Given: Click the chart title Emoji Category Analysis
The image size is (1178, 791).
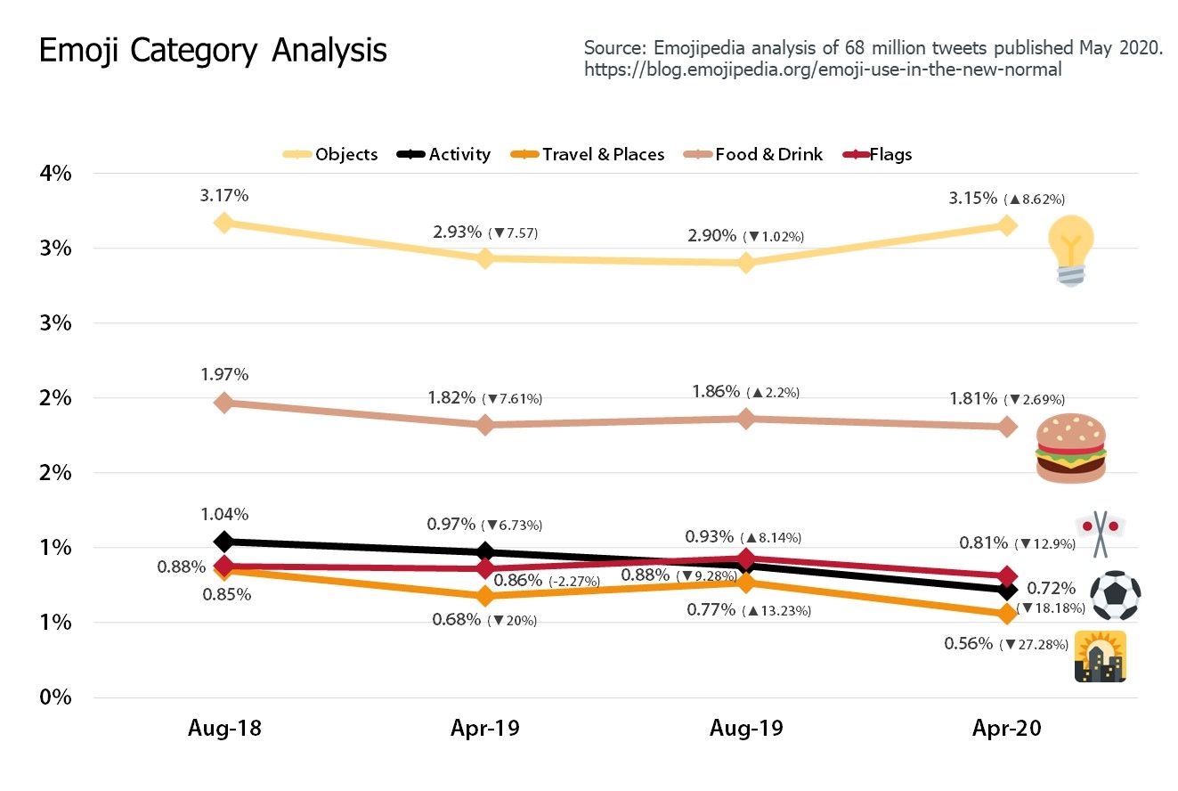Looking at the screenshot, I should [213, 52].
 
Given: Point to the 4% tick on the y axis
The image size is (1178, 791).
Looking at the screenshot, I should [54, 173].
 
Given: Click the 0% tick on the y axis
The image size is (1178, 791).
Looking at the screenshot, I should [54, 697].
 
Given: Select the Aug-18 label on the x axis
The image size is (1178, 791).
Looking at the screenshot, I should [224, 729].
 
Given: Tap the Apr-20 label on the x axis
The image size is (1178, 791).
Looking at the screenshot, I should [1007, 729].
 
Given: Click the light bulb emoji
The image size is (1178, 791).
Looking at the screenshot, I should [1071, 250].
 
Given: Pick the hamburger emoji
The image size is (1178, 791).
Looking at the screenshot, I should [1070, 448].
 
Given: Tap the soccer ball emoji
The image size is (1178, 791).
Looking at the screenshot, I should [1115, 595].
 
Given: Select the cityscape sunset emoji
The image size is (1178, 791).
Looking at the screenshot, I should [1101, 656].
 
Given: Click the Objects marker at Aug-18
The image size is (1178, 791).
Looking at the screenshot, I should [224, 223].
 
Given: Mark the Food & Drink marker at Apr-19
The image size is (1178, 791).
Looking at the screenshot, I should [485, 425].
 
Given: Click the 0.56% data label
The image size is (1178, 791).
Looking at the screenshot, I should [969, 643].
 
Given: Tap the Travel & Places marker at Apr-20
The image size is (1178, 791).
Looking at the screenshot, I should [1007, 614].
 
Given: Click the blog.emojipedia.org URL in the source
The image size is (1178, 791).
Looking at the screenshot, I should [823, 69].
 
